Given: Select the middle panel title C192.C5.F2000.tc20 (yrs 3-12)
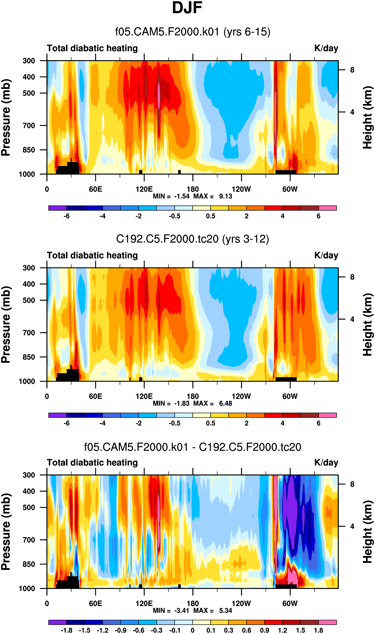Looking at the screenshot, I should click(x=193, y=239).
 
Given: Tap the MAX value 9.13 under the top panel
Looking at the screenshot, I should click(x=225, y=196).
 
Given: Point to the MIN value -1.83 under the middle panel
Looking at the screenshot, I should click(x=182, y=403).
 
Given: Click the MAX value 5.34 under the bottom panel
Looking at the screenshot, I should click(x=225, y=611).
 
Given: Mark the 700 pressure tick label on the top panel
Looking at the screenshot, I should click(x=29, y=126).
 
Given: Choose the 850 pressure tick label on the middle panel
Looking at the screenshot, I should click(x=29, y=357).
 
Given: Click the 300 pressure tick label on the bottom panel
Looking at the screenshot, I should click(x=29, y=475).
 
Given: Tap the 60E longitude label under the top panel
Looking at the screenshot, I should click(x=95, y=189).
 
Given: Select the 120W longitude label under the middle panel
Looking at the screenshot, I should click(x=241, y=396).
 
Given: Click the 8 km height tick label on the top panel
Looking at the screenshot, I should click(x=352, y=70).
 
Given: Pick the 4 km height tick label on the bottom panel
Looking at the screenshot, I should click(x=352, y=526).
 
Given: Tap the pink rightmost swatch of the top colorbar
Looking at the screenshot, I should click(x=327, y=208).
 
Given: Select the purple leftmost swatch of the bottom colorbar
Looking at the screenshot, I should click(x=57, y=622).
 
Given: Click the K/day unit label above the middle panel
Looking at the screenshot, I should click(x=326, y=256).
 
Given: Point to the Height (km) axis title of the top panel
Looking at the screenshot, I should click(x=368, y=117).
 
